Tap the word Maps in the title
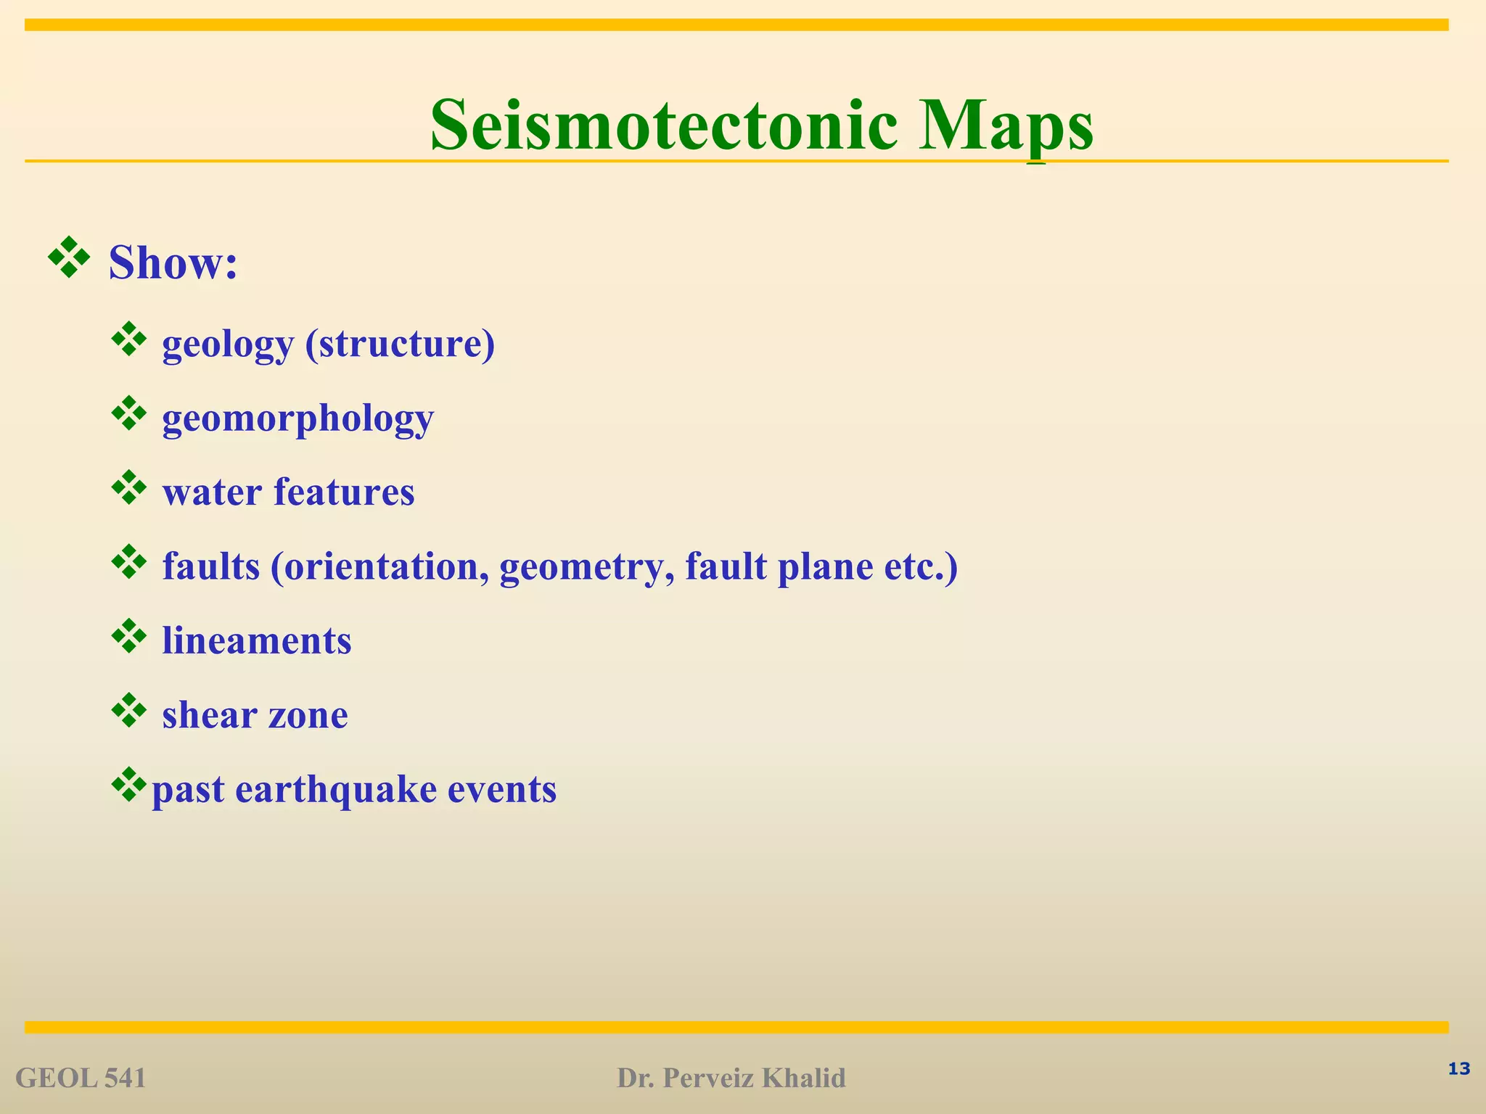click(1006, 126)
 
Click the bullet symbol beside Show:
click(69, 257)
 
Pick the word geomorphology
click(297, 419)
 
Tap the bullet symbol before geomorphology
click(129, 413)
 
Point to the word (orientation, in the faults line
click(379, 567)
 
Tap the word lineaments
click(256, 641)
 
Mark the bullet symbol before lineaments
click(129, 636)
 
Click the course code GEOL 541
click(81, 1078)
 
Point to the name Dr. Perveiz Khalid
click(731, 1078)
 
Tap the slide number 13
click(1458, 1068)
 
